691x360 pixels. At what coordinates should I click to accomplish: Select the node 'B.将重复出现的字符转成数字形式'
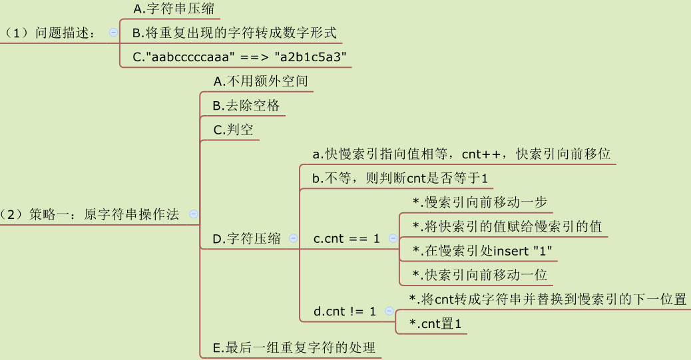(234, 32)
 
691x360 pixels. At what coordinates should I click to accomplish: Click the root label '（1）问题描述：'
(50, 32)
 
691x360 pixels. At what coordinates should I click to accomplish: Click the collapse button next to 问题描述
(113, 32)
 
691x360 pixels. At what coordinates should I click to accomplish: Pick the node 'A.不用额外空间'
(260, 81)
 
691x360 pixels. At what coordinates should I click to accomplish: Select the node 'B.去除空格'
(246, 105)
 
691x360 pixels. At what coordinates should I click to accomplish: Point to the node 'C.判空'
(233, 130)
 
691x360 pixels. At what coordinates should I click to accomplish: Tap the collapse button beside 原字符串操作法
(194, 214)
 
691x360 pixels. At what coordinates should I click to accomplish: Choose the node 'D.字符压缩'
(246, 239)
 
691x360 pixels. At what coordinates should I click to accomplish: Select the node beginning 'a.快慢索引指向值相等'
(461, 154)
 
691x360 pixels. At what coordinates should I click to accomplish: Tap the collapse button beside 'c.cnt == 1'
(393, 238)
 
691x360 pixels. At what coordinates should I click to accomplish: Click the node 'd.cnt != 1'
(344, 311)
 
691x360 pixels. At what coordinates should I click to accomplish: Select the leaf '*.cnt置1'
(436, 323)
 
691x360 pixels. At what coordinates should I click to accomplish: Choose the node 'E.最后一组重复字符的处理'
(294, 347)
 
